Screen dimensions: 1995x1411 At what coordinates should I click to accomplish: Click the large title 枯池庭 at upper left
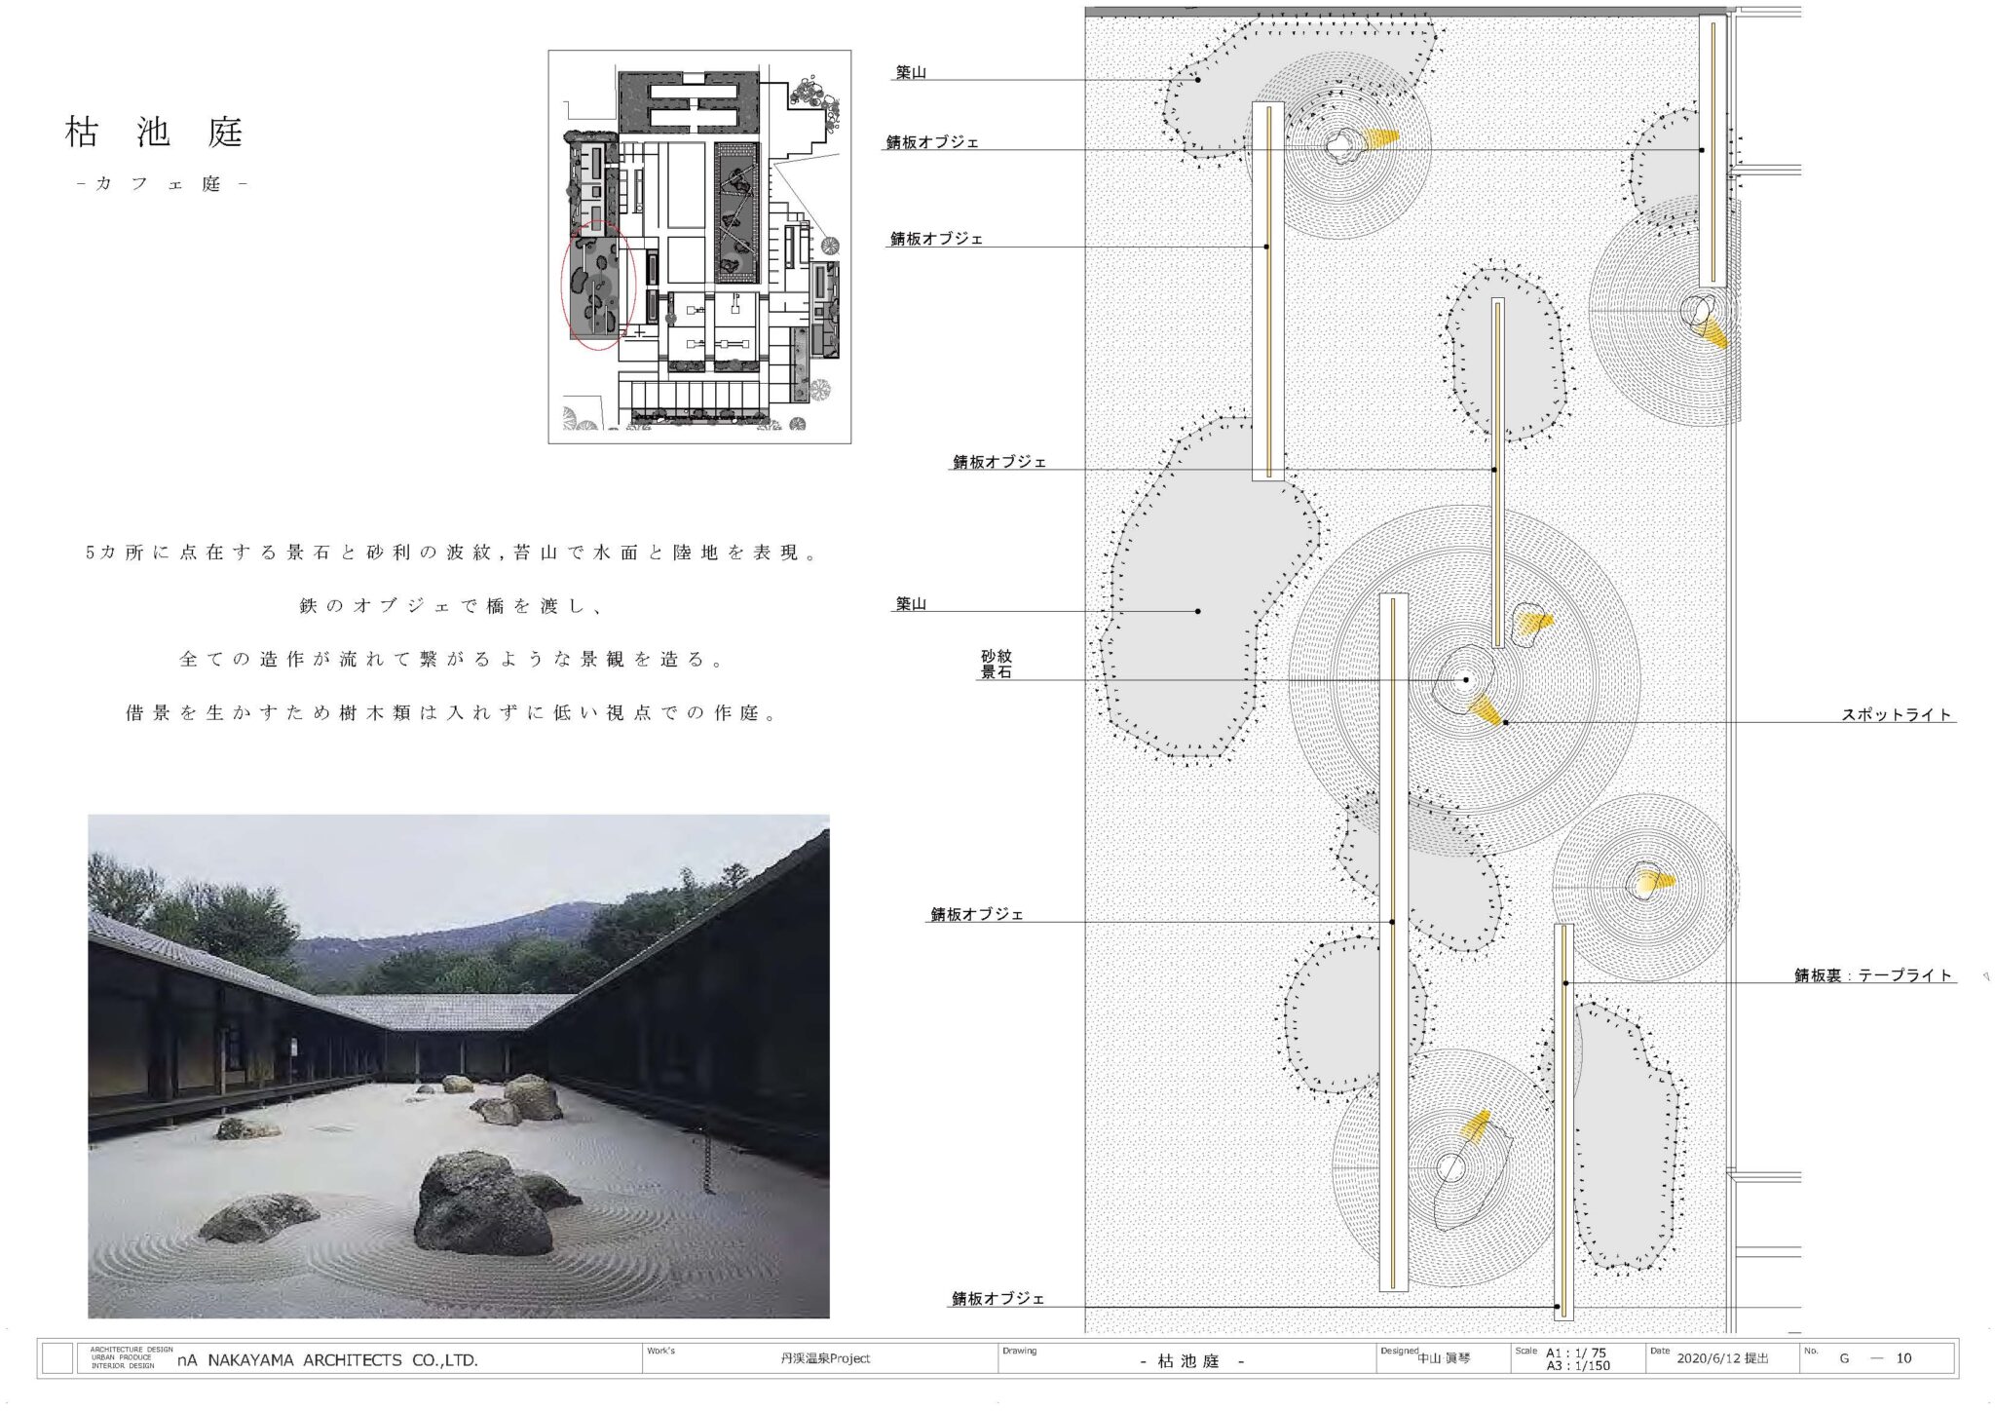[x=154, y=133]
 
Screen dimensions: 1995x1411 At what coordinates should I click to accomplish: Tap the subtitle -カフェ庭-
[x=161, y=183]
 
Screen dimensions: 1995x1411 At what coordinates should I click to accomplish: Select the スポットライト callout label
[x=1897, y=714]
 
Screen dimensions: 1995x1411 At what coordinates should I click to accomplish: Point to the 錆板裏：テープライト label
[x=1873, y=974]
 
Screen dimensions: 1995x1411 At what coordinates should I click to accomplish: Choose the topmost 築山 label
[x=911, y=72]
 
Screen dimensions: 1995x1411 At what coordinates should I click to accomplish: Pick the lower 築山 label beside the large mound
[x=911, y=604]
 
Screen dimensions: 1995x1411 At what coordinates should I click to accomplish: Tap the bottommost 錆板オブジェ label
[x=998, y=1299]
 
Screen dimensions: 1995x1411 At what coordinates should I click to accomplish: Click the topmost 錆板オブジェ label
[x=933, y=142]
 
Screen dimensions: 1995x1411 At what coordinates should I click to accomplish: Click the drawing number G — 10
[x=1875, y=1358]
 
